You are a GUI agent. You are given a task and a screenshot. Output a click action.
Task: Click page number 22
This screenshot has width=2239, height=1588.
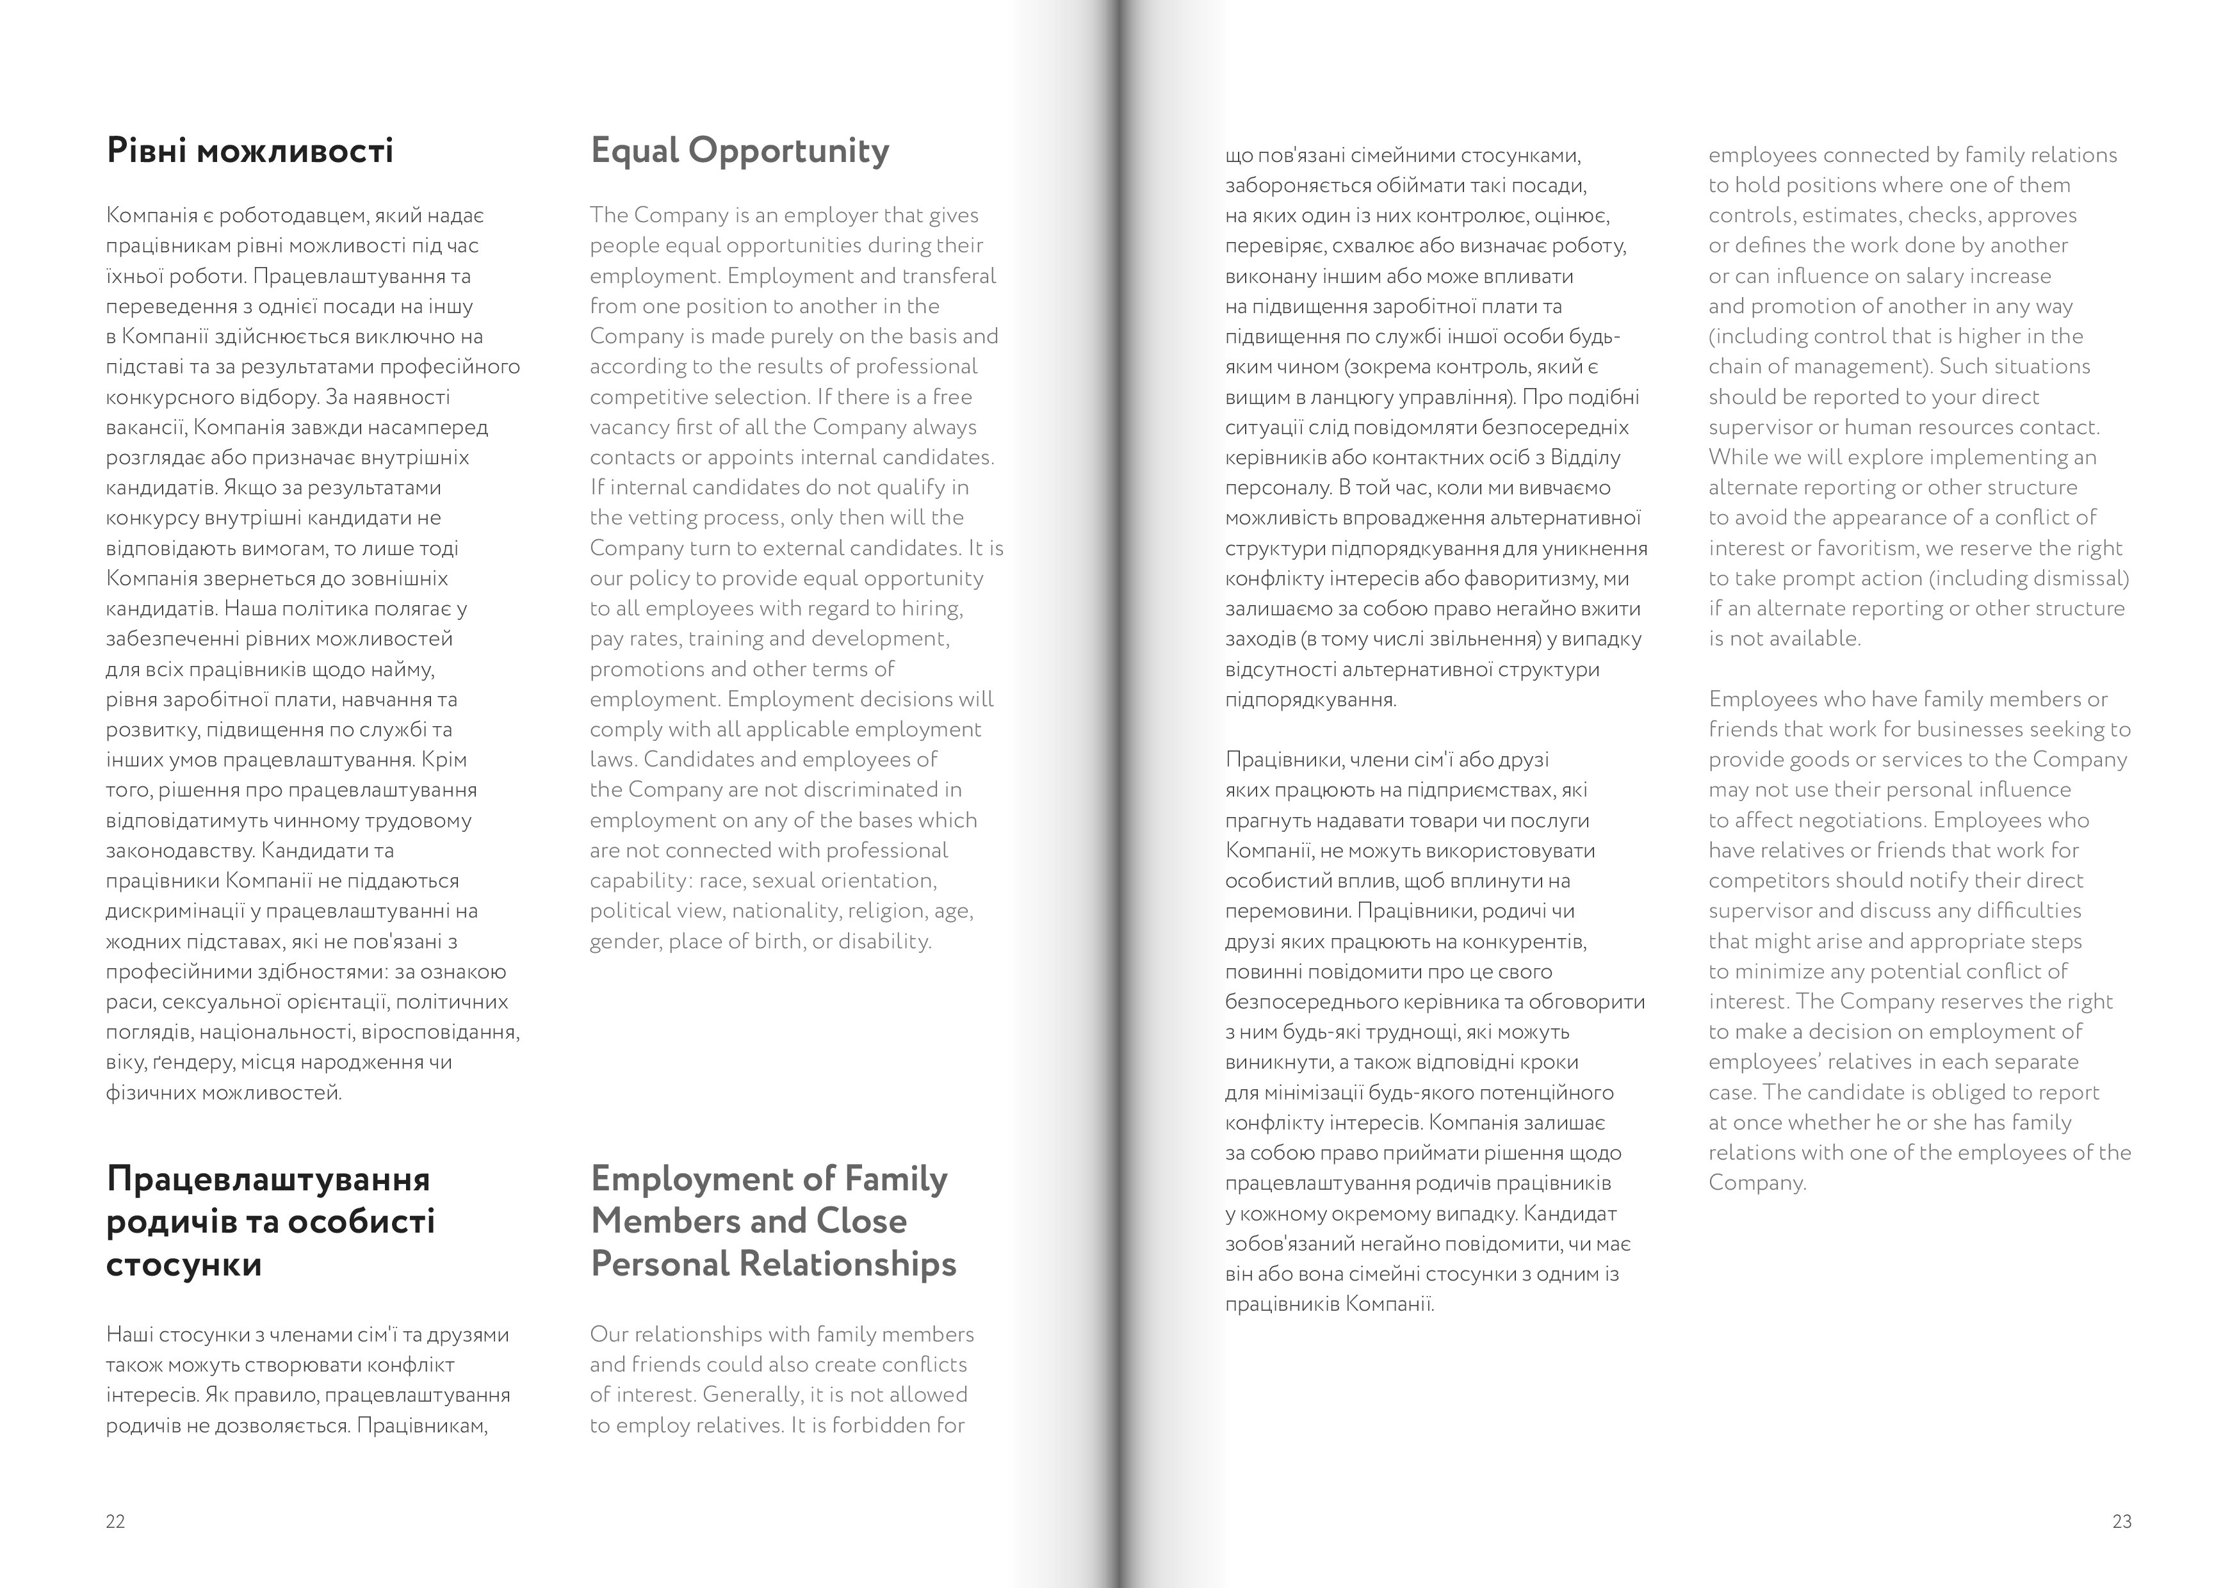(x=115, y=1521)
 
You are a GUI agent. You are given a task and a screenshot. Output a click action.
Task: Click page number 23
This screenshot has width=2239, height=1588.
(x=2122, y=1521)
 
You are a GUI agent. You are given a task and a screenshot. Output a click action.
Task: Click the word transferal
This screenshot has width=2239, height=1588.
(x=943, y=276)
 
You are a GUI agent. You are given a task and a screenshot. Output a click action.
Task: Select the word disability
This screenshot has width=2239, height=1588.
(x=888, y=941)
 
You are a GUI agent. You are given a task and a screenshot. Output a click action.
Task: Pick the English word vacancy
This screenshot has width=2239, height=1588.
(x=629, y=427)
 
